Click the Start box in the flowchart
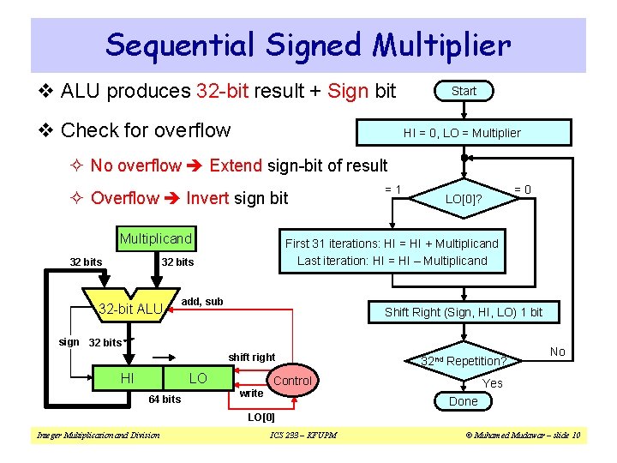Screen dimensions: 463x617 click(464, 91)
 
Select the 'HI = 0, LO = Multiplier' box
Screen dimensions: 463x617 click(462, 133)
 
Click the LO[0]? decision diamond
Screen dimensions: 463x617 click(463, 199)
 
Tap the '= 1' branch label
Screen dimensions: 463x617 click(393, 189)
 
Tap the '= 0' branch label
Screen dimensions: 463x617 click(522, 189)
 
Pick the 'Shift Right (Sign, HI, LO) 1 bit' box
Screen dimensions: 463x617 click(464, 312)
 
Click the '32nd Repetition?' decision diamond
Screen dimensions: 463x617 click(464, 361)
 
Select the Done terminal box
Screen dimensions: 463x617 click(464, 401)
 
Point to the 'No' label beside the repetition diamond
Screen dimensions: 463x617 click(557, 352)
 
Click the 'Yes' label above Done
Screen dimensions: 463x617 click(493, 383)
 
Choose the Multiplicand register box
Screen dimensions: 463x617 click(156, 238)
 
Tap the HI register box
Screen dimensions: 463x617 click(126, 378)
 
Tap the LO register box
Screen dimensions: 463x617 click(198, 378)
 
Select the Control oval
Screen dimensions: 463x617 click(292, 380)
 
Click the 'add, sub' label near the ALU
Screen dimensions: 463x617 click(203, 302)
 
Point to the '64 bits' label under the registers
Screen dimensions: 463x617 click(165, 399)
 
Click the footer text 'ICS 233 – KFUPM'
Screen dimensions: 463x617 click(303, 436)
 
